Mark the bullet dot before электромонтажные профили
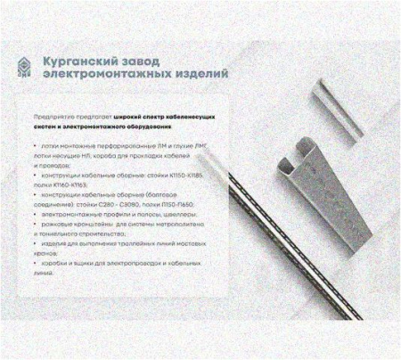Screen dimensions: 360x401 34,216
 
